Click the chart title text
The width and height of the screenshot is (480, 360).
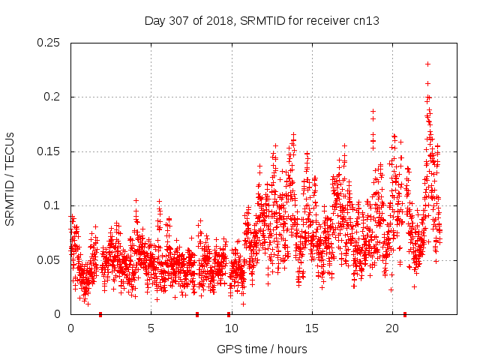point(261,21)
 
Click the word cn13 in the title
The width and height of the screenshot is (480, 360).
point(366,21)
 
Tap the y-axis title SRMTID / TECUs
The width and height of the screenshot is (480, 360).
point(10,178)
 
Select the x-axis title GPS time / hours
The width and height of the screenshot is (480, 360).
point(262,349)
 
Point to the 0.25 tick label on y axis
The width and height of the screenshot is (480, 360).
point(49,43)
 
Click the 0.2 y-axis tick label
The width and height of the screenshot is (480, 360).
point(52,97)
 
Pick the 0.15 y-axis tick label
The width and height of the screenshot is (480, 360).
point(49,151)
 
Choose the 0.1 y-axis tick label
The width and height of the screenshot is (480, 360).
point(52,205)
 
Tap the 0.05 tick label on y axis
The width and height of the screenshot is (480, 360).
point(49,260)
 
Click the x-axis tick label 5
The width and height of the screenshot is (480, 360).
point(151,328)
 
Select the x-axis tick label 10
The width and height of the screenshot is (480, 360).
point(231,328)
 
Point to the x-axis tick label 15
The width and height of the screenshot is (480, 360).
point(312,328)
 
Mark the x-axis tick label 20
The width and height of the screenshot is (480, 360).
point(392,328)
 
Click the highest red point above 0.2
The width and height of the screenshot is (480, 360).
point(427,64)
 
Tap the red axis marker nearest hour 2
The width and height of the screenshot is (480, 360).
point(100,314)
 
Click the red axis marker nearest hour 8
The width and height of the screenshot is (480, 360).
point(197,314)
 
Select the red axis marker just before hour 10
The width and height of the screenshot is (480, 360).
point(229,314)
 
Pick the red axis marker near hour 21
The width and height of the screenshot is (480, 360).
point(405,314)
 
